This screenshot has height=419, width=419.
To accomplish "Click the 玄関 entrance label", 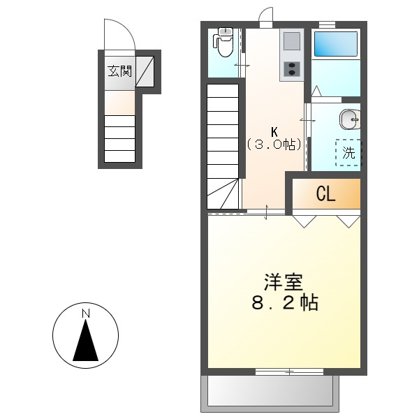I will point(119,71).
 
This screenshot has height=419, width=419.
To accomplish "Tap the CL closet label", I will point(325,194).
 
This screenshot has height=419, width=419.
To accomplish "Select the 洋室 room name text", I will point(283,284).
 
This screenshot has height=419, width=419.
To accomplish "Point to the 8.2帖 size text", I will point(284,304).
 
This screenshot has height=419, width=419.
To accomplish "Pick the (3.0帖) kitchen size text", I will point(274,145).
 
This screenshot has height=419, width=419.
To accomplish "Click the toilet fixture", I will point(224,44).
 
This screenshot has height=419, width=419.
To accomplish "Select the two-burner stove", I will point(291,69).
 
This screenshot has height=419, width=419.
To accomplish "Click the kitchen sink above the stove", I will point(291,42).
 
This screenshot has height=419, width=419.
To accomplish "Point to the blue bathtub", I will point(336,45).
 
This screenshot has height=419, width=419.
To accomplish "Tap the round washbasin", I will point(349,119).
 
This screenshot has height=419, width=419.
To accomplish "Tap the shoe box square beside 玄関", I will point(145,71).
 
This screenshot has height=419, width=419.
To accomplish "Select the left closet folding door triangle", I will point(303,221).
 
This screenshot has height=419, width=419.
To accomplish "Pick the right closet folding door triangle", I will point(348,221).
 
